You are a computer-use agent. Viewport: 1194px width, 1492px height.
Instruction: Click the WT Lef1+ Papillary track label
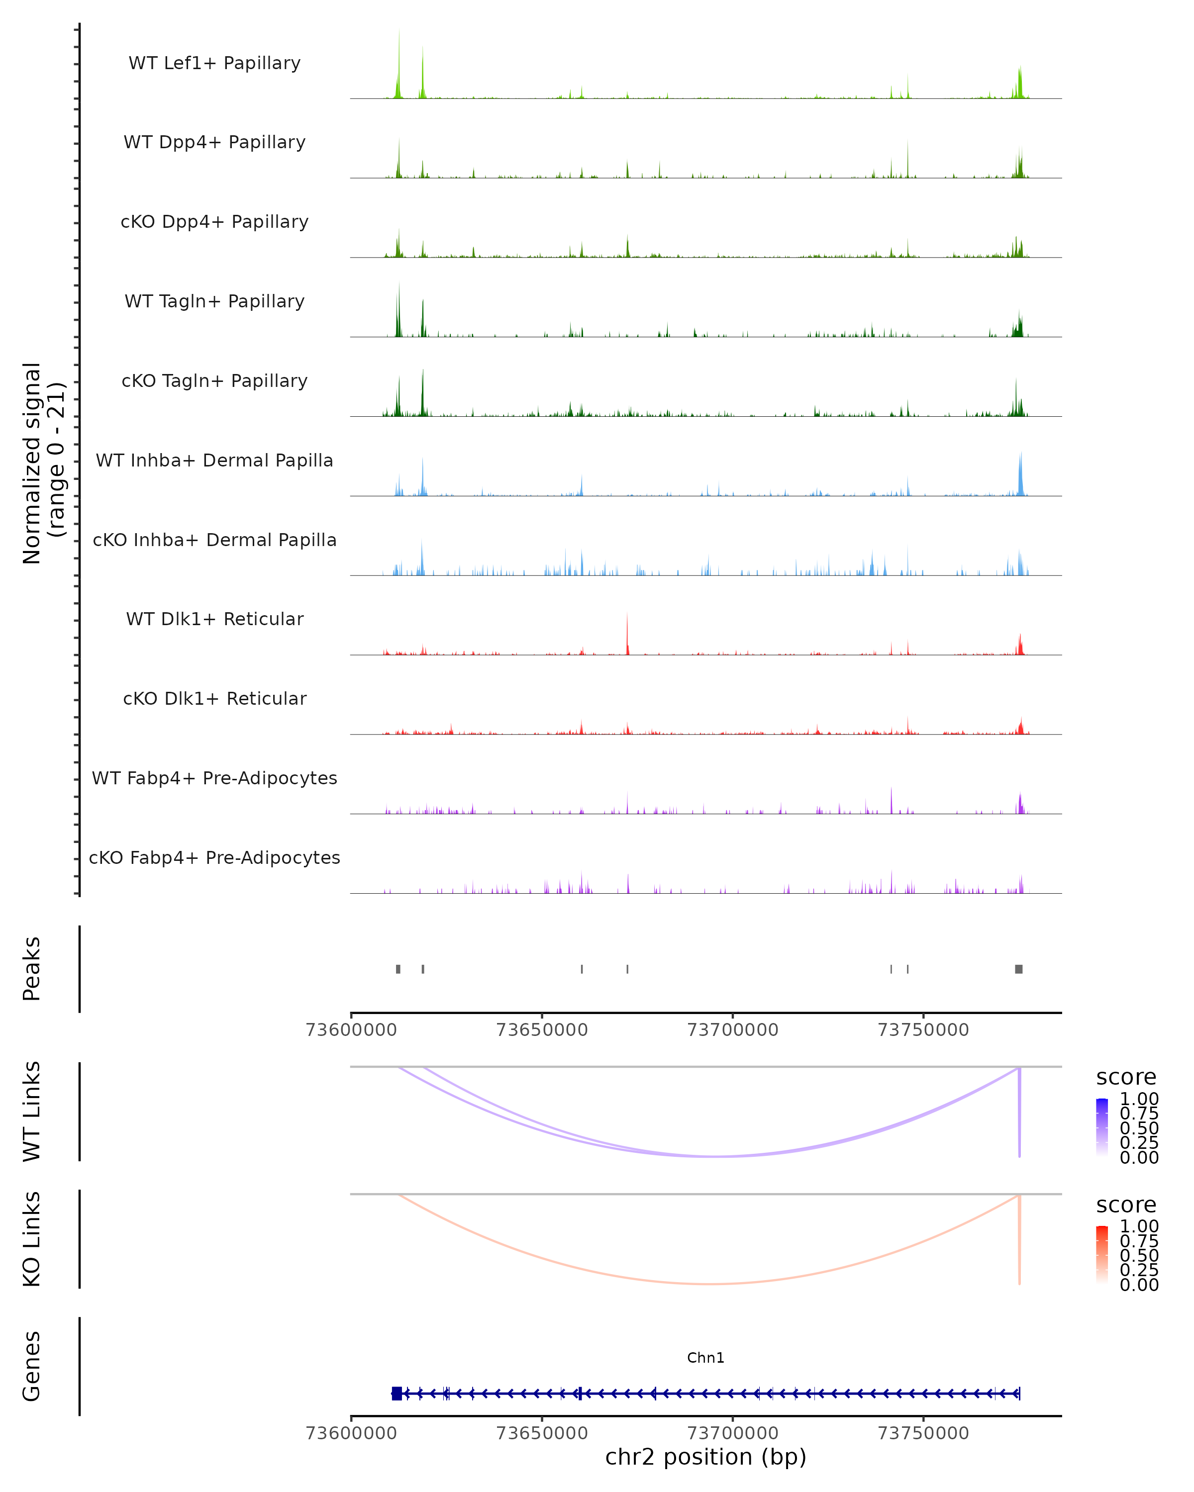click(214, 63)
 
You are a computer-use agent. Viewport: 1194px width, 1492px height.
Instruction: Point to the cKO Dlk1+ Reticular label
click(214, 698)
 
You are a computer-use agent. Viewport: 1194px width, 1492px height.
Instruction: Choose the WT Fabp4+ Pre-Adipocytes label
click(214, 778)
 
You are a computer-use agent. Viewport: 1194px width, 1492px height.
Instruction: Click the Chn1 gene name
click(705, 1358)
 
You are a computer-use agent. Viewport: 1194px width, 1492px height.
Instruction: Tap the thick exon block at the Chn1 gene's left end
click(397, 1393)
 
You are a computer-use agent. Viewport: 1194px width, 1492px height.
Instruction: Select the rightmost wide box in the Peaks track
click(1019, 969)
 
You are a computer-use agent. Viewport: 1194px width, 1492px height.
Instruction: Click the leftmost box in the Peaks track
click(398, 969)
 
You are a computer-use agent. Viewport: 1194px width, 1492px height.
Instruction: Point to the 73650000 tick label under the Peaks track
click(542, 1030)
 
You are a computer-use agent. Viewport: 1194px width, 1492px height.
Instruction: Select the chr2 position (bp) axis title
click(705, 1457)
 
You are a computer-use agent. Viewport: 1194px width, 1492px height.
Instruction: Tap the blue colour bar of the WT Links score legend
click(1102, 1126)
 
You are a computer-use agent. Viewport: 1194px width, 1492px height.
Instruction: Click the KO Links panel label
click(32, 1239)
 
